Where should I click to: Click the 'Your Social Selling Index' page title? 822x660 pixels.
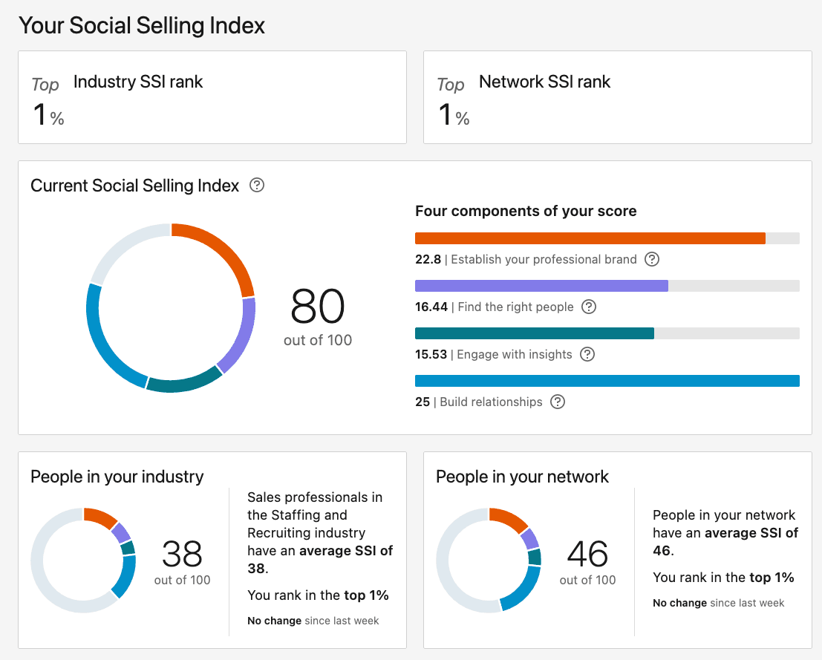click(x=142, y=25)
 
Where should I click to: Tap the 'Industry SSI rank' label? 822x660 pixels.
click(x=138, y=82)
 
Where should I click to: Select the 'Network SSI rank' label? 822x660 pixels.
click(x=544, y=82)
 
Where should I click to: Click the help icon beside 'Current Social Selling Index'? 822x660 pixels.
click(x=257, y=185)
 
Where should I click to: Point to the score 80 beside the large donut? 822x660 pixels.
click(x=318, y=307)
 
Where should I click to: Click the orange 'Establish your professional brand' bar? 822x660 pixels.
click(x=590, y=238)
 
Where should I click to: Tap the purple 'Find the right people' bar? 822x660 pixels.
click(x=541, y=286)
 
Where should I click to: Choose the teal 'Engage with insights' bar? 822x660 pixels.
click(x=534, y=333)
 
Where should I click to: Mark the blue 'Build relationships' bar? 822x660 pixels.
click(x=607, y=381)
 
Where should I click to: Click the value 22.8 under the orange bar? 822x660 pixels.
click(x=428, y=260)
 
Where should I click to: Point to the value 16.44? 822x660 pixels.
click(x=431, y=307)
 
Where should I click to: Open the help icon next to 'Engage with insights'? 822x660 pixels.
click(x=587, y=354)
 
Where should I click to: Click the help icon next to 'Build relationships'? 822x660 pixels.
click(x=558, y=402)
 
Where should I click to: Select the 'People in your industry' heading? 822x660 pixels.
click(x=117, y=477)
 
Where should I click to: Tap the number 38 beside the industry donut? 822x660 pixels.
click(x=182, y=554)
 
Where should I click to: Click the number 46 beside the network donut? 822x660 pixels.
click(x=587, y=554)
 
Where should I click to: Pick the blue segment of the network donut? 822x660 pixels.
click(x=526, y=590)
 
